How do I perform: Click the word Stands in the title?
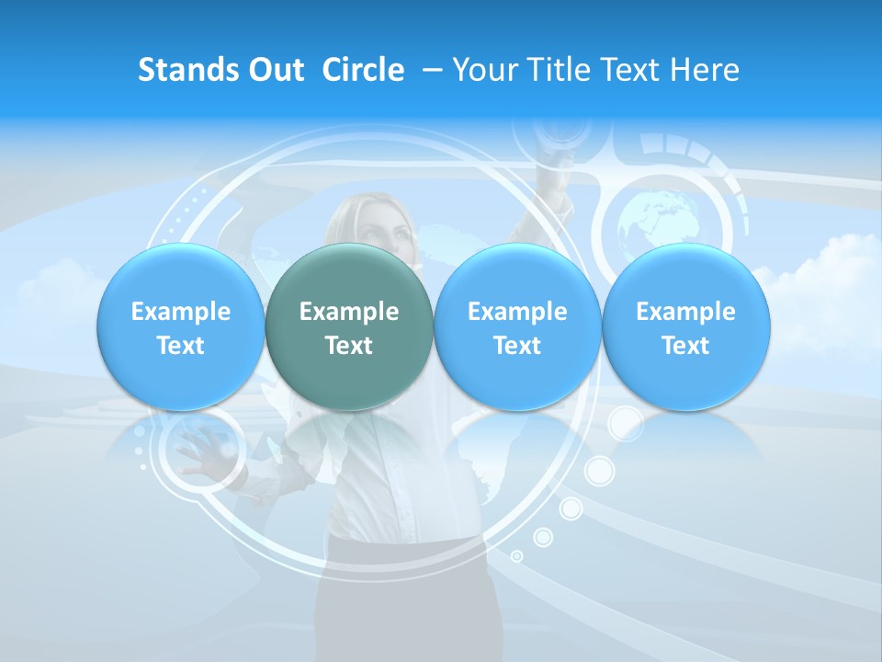[x=184, y=70]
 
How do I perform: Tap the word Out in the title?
[x=273, y=70]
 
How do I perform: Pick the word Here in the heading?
[x=705, y=70]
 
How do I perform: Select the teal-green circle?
[x=349, y=327]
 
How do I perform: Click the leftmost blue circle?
[x=181, y=327]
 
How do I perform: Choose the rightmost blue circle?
[x=686, y=327]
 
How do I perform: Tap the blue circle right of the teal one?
[x=517, y=327]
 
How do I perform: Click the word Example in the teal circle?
[x=349, y=312]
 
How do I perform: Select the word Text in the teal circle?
[x=349, y=346]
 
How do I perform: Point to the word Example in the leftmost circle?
[x=181, y=312]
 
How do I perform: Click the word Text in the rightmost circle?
[x=686, y=346]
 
